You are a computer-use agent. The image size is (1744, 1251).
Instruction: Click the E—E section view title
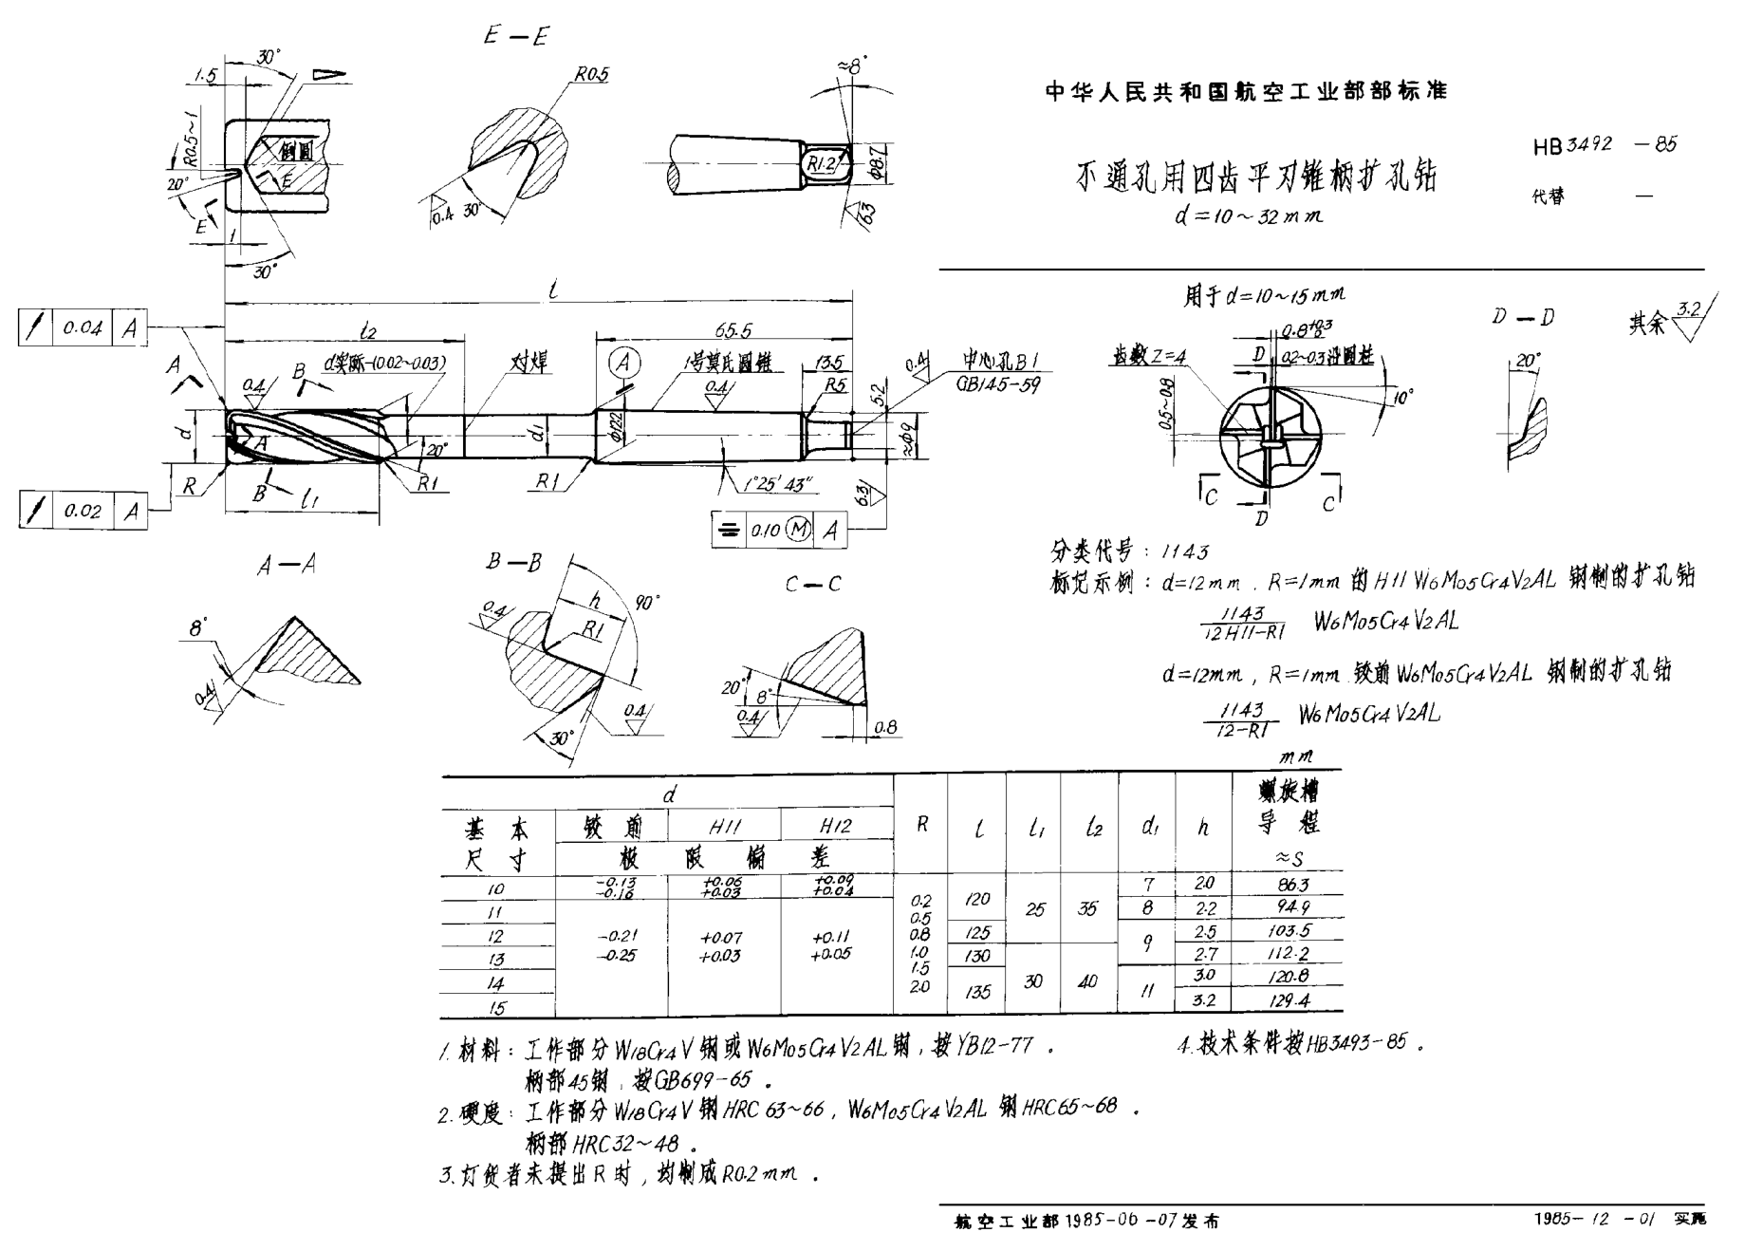point(516,37)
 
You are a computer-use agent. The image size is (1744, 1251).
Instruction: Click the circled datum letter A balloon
point(623,363)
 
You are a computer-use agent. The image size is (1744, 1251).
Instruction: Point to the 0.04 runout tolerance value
point(83,328)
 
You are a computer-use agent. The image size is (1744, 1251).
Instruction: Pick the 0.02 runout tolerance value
point(83,511)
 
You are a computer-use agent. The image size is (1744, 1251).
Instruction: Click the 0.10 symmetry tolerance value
point(765,530)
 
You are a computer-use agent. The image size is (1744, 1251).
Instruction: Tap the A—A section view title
point(286,566)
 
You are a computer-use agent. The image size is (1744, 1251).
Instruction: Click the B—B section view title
point(513,563)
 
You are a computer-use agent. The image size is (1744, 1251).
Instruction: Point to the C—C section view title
point(812,585)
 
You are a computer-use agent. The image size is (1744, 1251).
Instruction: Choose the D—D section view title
point(1522,317)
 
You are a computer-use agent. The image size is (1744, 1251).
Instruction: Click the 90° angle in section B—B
point(646,603)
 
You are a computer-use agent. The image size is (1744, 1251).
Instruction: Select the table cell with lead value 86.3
point(1287,885)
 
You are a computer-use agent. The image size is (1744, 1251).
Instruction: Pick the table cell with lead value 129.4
point(1288,1000)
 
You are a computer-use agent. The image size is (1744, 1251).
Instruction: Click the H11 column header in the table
point(724,827)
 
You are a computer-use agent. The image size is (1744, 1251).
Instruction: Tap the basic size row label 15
point(497,1007)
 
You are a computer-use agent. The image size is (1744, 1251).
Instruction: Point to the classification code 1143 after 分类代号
point(1184,551)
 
